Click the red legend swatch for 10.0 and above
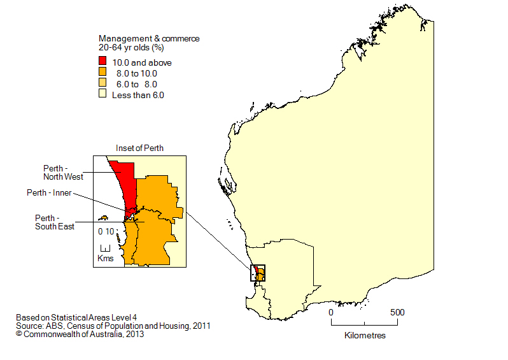[x=102, y=62]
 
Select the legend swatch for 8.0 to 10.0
[x=102, y=73]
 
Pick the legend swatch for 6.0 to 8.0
[x=102, y=84]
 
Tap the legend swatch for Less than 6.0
[x=102, y=95]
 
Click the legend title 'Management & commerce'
[x=148, y=38]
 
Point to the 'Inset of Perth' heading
[x=139, y=148]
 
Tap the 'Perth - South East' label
[x=55, y=222]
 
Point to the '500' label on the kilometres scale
[x=397, y=313]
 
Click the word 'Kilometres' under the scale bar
[x=364, y=335]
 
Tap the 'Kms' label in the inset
[x=106, y=257]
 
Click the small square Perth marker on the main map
[x=258, y=273]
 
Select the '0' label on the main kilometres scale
[x=331, y=313]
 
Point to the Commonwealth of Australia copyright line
[x=80, y=333]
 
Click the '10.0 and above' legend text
[x=142, y=62]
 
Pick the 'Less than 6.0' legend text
[x=138, y=95]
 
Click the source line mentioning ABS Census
[x=113, y=325]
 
